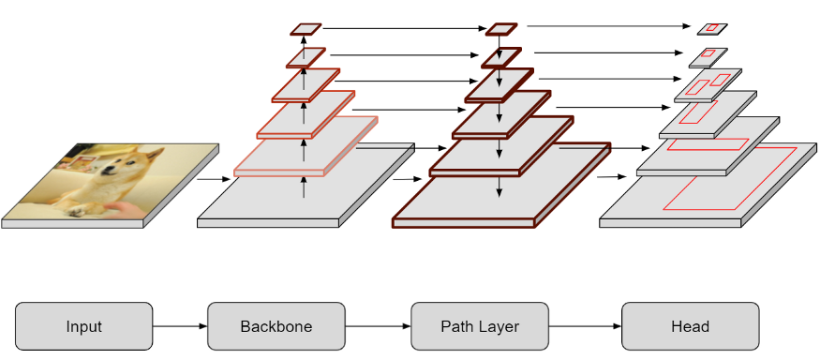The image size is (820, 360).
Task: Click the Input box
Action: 83,327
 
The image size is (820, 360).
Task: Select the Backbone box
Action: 276,327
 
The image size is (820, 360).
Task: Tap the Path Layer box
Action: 480,327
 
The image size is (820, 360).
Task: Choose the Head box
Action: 690,327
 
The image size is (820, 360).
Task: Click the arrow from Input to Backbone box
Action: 179,327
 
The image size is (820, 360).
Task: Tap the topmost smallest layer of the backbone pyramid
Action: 306,29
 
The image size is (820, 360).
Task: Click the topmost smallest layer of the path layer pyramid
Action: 501,29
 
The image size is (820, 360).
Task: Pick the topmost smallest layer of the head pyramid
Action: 712,28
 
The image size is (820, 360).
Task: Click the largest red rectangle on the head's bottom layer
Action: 729,178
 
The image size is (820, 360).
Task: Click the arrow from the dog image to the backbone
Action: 210,178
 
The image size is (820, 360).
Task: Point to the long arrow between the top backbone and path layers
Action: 403,29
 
